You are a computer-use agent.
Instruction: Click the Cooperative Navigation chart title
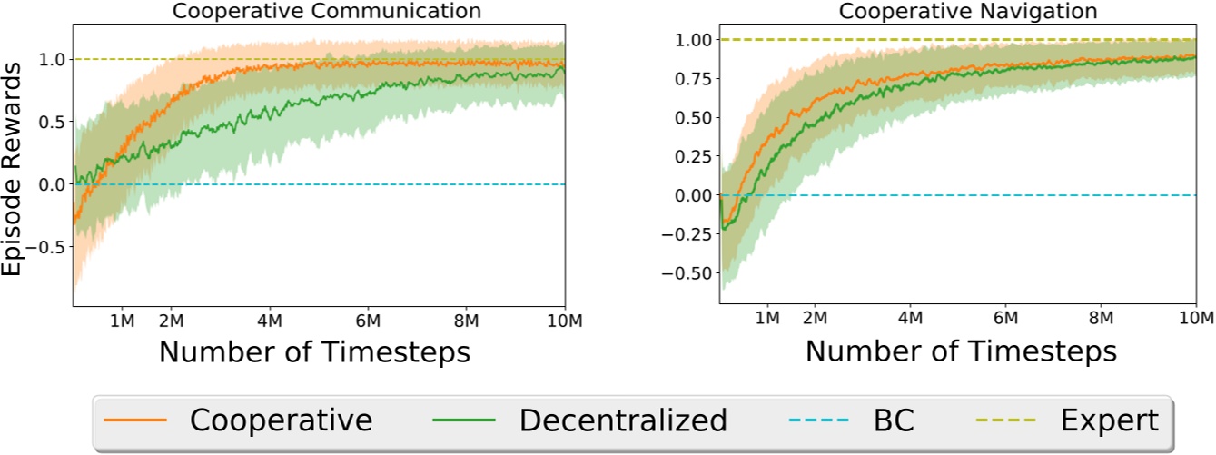(x=956, y=11)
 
